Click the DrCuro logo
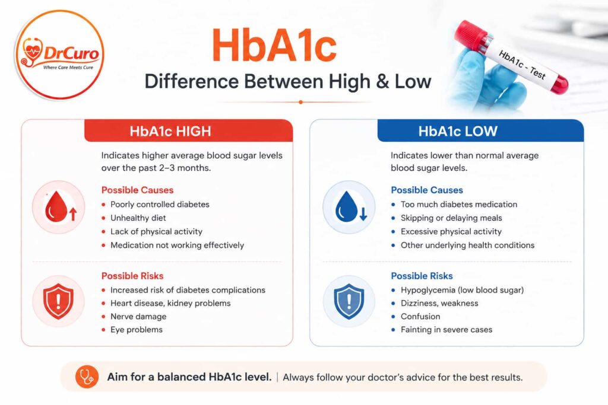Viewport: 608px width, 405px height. pyautogui.click(x=60, y=54)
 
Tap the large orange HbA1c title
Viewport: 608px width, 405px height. pyautogui.click(x=274, y=45)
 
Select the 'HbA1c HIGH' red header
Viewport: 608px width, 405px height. pyautogui.click(x=188, y=131)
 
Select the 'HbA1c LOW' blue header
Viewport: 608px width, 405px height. pyautogui.click(x=480, y=131)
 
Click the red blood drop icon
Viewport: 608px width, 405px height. pyautogui.click(x=59, y=207)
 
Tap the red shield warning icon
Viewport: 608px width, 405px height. pyautogui.click(x=59, y=301)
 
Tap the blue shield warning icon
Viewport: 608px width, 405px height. pyautogui.click(x=349, y=301)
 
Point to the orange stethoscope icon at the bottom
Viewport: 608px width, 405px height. pyautogui.click(x=87, y=377)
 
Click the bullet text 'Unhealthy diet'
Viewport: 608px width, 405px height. pyautogui.click(x=138, y=218)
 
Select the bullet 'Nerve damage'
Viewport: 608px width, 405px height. pyautogui.click(x=138, y=316)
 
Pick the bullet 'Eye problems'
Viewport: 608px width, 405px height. pyautogui.click(x=137, y=330)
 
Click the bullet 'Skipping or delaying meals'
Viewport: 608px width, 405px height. pyautogui.click(x=451, y=218)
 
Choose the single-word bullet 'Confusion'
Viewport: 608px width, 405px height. pyautogui.click(x=420, y=316)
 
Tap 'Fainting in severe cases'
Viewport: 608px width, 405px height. pyautogui.click(x=446, y=330)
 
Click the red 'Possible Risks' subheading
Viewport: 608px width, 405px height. pyautogui.click(x=132, y=276)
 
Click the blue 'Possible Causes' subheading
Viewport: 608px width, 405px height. pyautogui.click(x=426, y=190)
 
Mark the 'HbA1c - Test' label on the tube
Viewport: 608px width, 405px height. pyautogui.click(x=522, y=65)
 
